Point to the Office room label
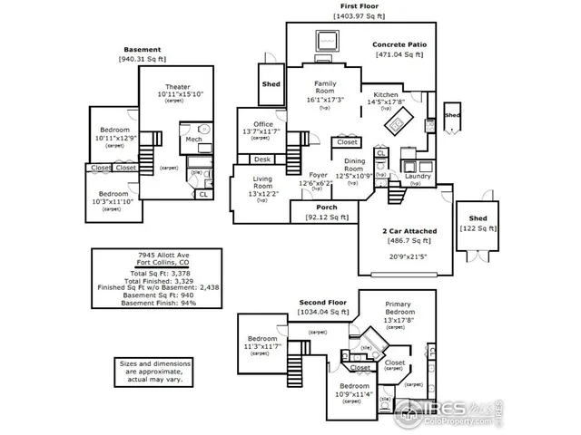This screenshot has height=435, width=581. (x=263, y=124)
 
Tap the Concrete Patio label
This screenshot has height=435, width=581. (x=400, y=44)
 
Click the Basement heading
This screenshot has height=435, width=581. (x=143, y=49)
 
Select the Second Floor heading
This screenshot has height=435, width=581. (x=323, y=301)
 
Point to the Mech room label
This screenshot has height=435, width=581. (x=193, y=139)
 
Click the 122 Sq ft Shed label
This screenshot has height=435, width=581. (x=478, y=219)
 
